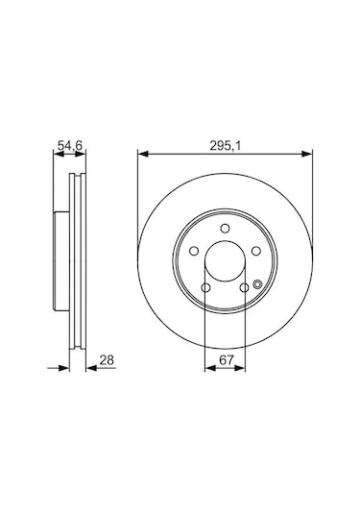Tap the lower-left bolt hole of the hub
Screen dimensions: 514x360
tap(204, 288)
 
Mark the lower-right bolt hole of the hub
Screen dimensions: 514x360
tap(246, 288)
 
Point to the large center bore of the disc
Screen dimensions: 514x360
tap(226, 262)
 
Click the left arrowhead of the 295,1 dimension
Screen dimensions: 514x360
tap(142, 153)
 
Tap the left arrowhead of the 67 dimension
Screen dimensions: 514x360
tap(209, 367)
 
